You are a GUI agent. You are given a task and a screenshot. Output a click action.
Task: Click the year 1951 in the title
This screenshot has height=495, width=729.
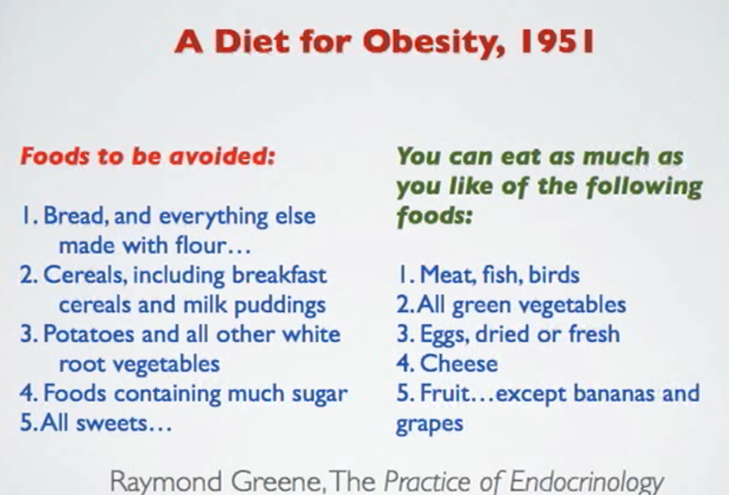click(x=558, y=42)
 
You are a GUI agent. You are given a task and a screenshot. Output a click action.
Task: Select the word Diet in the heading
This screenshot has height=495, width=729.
click(x=252, y=42)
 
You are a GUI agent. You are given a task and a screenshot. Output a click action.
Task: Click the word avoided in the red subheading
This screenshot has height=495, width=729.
click(x=222, y=157)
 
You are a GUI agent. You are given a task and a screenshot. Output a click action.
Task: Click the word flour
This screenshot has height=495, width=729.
click(x=200, y=245)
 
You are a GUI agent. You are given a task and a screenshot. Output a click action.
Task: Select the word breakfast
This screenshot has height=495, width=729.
click(x=279, y=275)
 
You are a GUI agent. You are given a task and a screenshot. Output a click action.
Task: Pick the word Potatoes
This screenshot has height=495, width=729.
click(x=89, y=334)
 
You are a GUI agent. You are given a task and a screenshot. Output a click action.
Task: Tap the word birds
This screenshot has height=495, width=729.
click(x=554, y=274)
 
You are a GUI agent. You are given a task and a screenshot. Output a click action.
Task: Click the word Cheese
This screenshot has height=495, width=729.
click(x=459, y=363)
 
